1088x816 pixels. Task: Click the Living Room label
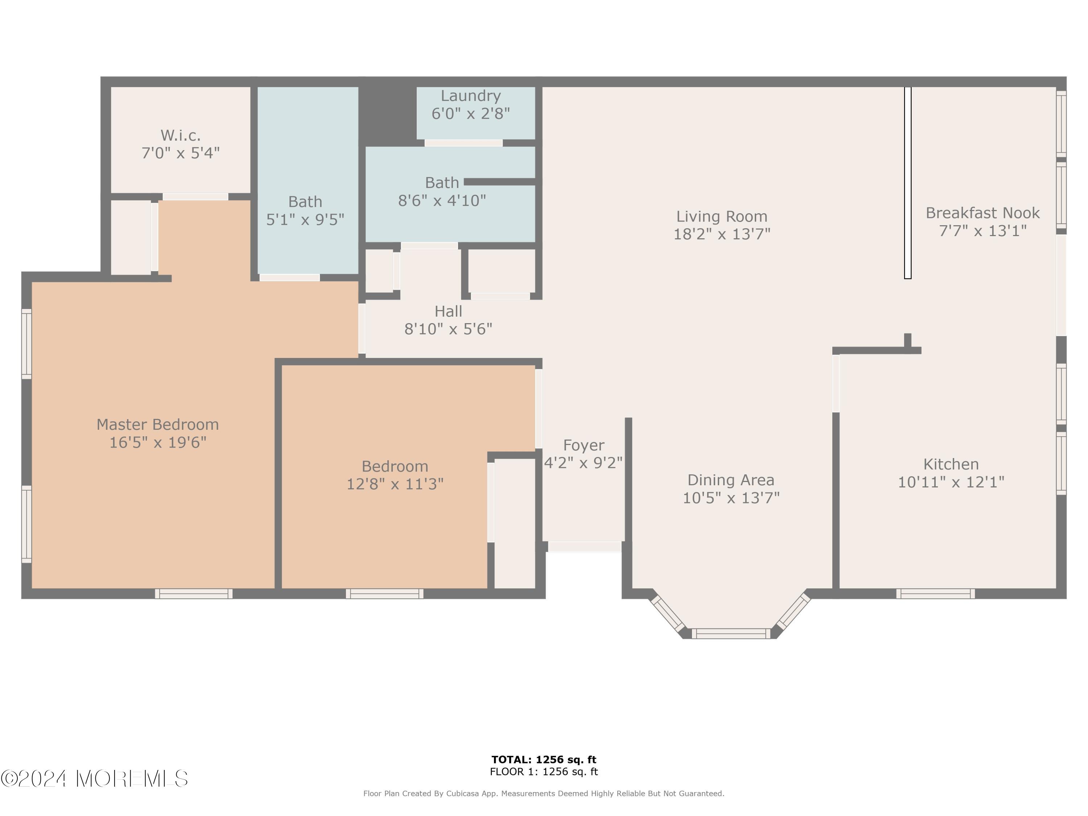tap(722, 217)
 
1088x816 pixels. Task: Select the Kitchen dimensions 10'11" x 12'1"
tap(951, 482)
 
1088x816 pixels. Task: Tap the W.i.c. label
tap(181, 135)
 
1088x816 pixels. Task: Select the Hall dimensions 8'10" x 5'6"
tap(448, 329)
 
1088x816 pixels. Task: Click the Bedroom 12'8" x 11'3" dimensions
tap(395, 485)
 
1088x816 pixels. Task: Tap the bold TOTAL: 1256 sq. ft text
tap(544, 759)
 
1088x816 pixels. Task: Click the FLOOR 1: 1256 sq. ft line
tap(544, 772)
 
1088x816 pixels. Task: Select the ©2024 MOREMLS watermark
tap(94, 779)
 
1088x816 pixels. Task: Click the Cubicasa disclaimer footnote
tap(544, 794)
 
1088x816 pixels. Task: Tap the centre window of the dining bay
tap(731, 634)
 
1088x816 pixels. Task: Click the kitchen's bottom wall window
tap(935, 594)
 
